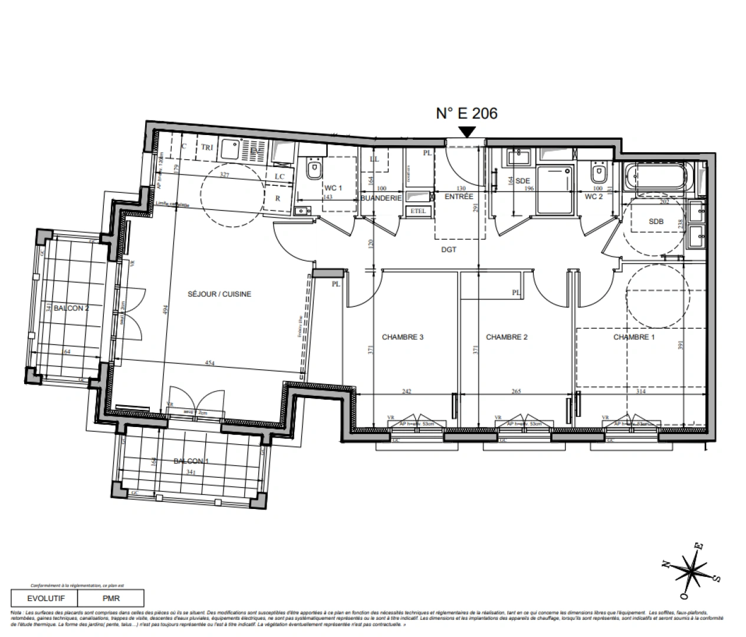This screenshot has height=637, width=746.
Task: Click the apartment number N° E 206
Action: [466, 113]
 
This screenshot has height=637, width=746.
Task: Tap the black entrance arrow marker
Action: [466, 132]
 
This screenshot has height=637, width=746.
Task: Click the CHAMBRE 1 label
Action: [634, 337]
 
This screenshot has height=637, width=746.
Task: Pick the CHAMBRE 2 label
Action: [507, 337]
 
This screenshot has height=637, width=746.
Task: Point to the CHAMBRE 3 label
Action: [403, 337]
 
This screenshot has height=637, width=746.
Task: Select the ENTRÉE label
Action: [459, 197]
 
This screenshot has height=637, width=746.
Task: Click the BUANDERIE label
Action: [381, 199]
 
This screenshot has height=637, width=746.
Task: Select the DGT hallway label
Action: [449, 249]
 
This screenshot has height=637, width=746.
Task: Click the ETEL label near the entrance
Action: [418, 211]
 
